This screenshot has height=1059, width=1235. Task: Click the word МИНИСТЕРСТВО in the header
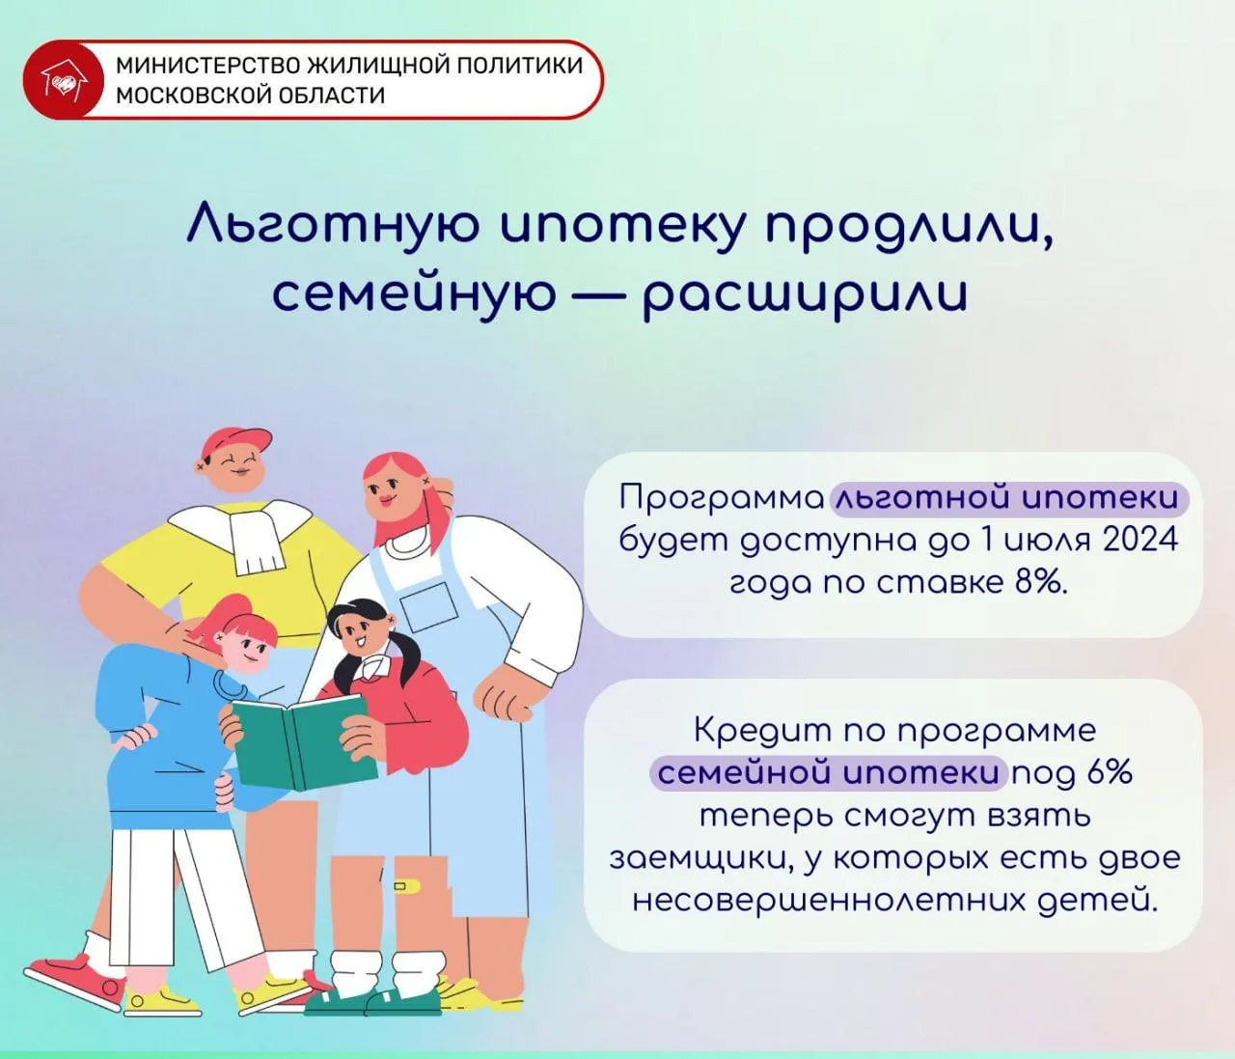(208, 66)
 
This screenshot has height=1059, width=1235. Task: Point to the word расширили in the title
(805, 295)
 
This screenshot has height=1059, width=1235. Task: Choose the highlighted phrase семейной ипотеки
(828, 773)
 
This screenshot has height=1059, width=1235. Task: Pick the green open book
(304, 741)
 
